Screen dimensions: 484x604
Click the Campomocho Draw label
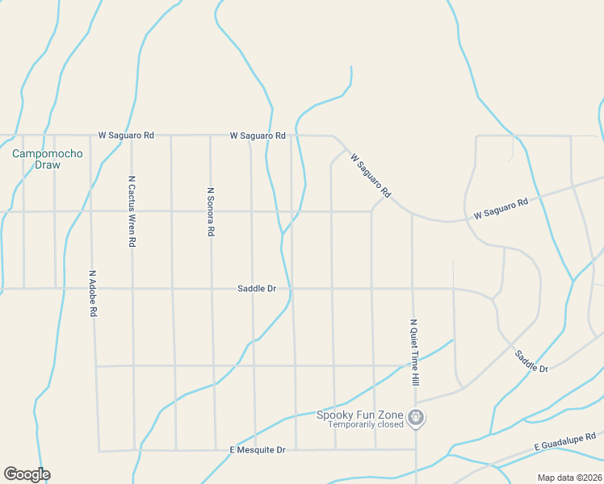coord(36,159)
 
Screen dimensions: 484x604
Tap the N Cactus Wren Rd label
coord(132,211)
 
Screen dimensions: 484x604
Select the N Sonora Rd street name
coord(211,211)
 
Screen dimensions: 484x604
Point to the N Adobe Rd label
coord(94,293)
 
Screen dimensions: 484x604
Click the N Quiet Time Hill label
coord(414,351)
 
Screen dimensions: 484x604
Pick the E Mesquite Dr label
coord(258,449)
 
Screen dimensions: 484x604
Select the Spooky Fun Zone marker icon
coord(417,417)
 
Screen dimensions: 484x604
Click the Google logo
coord(27,474)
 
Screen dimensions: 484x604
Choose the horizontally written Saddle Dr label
coord(257,288)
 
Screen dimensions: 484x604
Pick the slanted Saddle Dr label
coord(531,357)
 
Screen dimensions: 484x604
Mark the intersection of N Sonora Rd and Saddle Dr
coord(212,288)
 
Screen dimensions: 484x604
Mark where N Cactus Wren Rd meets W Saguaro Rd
coord(130,136)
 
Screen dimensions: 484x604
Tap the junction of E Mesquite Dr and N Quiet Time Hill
coord(416,449)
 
